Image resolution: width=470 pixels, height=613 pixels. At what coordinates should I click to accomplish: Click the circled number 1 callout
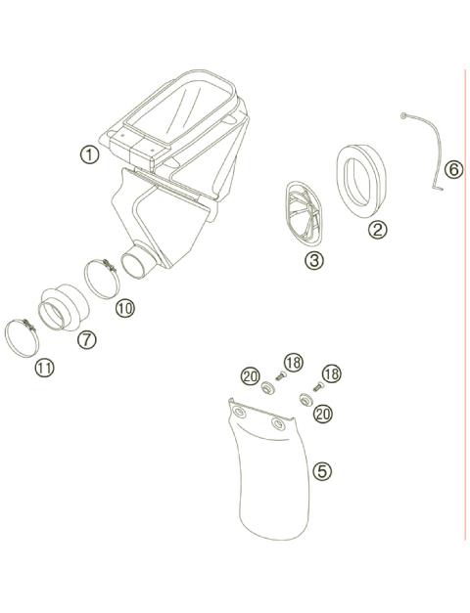coord(90,154)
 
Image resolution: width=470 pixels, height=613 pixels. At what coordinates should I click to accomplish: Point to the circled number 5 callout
coord(322,470)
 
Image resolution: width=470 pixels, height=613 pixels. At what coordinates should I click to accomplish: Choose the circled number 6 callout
coord(452,169)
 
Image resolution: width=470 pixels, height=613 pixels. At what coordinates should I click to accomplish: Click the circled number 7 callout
coord(86,339)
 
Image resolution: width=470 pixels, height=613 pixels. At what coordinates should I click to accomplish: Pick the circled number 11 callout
coord(44,368)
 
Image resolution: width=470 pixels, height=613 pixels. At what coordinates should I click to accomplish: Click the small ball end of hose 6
coord(402,116)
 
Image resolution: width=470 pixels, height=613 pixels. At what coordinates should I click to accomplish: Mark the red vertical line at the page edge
coord(464,293)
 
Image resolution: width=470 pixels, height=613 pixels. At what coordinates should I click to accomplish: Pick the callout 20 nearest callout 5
coord(323,414)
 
